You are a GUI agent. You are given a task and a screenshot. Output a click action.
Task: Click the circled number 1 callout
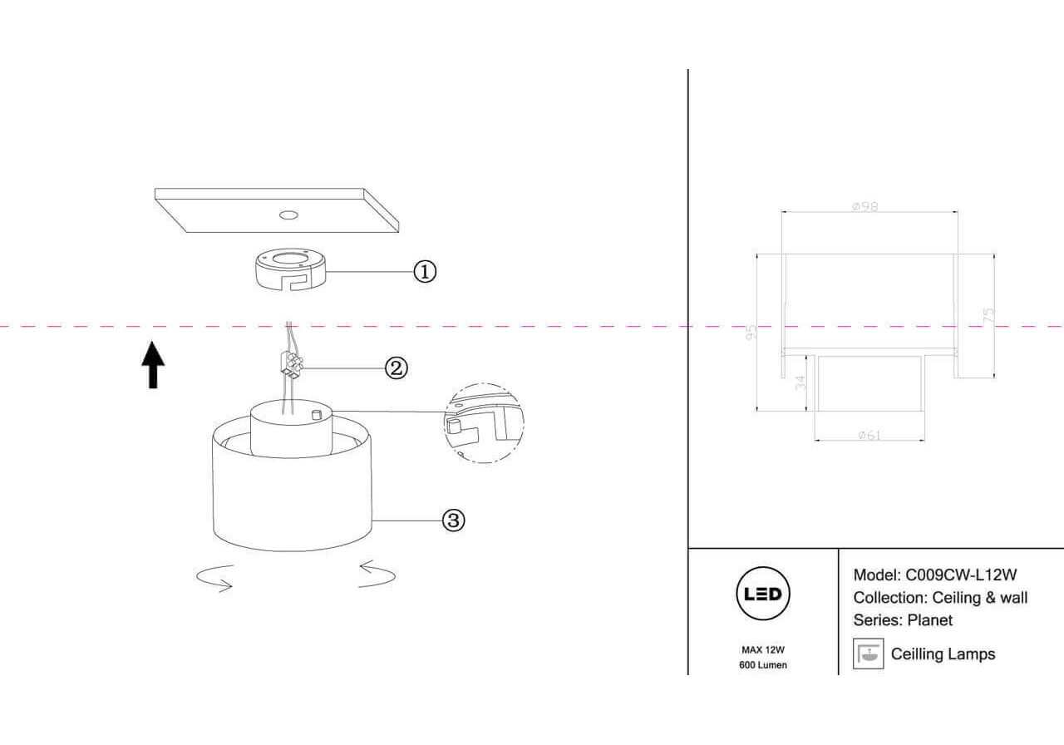click(x=425, y=271)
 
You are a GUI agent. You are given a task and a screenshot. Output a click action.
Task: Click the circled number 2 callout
click(x=397, y=368)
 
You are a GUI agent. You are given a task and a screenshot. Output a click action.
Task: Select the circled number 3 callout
click(x=452, y=521)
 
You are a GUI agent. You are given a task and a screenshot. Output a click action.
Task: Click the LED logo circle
click(x=763, y=595)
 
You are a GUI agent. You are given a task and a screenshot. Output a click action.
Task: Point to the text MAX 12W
click(x=763, y=650)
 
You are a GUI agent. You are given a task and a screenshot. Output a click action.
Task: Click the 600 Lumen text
click(x=763, y=665)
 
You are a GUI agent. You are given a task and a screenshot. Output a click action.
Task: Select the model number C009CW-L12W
click(x=961, y=575)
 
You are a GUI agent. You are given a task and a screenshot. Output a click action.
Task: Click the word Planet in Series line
click(x=930, y=620)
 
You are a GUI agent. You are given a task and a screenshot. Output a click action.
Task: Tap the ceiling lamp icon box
click(x=868, y=654)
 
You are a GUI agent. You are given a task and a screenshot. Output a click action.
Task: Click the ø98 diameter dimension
click(x=864, y=207)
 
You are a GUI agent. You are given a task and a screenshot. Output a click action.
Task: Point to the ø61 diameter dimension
click(x=869, y=435)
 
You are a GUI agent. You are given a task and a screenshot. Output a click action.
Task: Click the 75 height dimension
click(x=989, y=315)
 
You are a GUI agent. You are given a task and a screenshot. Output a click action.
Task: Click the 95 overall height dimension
click(x=751, y=333)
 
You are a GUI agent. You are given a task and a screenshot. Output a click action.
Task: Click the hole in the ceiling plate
click(x=288, y=215)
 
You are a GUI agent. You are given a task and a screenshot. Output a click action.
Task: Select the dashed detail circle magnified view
click(x=483, y=422)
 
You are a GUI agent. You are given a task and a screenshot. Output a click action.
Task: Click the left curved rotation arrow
click(x=213, y=577)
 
